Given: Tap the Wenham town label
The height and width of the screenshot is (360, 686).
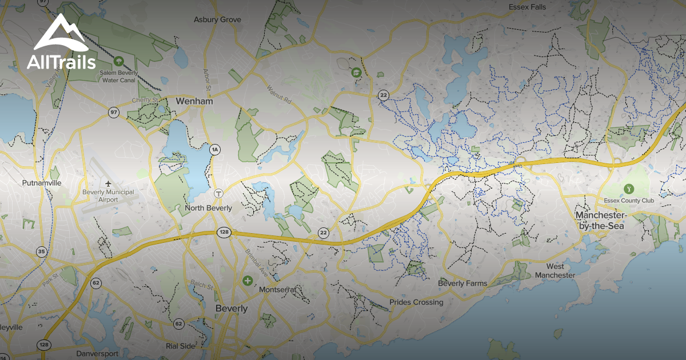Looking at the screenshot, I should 194,101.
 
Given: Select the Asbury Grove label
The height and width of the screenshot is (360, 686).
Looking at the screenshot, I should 217,19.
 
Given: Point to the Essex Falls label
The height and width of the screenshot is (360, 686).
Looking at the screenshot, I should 527,7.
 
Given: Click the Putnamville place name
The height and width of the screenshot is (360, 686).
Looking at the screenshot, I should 41,183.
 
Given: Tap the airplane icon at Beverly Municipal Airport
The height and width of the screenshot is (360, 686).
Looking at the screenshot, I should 109,183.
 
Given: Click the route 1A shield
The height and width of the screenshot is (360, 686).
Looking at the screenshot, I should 215,150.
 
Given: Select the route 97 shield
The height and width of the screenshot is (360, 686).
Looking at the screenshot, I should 114,113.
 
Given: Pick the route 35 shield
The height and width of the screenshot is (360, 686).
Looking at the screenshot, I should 41,251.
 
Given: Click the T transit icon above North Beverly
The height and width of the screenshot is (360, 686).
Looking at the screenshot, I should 218,194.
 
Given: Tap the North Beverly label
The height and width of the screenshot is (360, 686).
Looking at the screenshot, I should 208,208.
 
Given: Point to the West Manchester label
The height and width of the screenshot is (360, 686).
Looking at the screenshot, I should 555,271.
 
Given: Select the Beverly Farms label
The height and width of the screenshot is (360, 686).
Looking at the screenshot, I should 462,283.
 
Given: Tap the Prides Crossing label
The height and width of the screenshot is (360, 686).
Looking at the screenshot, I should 416,302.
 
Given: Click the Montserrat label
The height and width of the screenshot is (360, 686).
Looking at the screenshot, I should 278,290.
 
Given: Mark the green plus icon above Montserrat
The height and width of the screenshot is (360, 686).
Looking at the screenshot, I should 247,281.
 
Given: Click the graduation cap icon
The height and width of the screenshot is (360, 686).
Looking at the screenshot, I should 357,73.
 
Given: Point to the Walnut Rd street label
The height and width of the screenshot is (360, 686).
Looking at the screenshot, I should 279,94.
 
